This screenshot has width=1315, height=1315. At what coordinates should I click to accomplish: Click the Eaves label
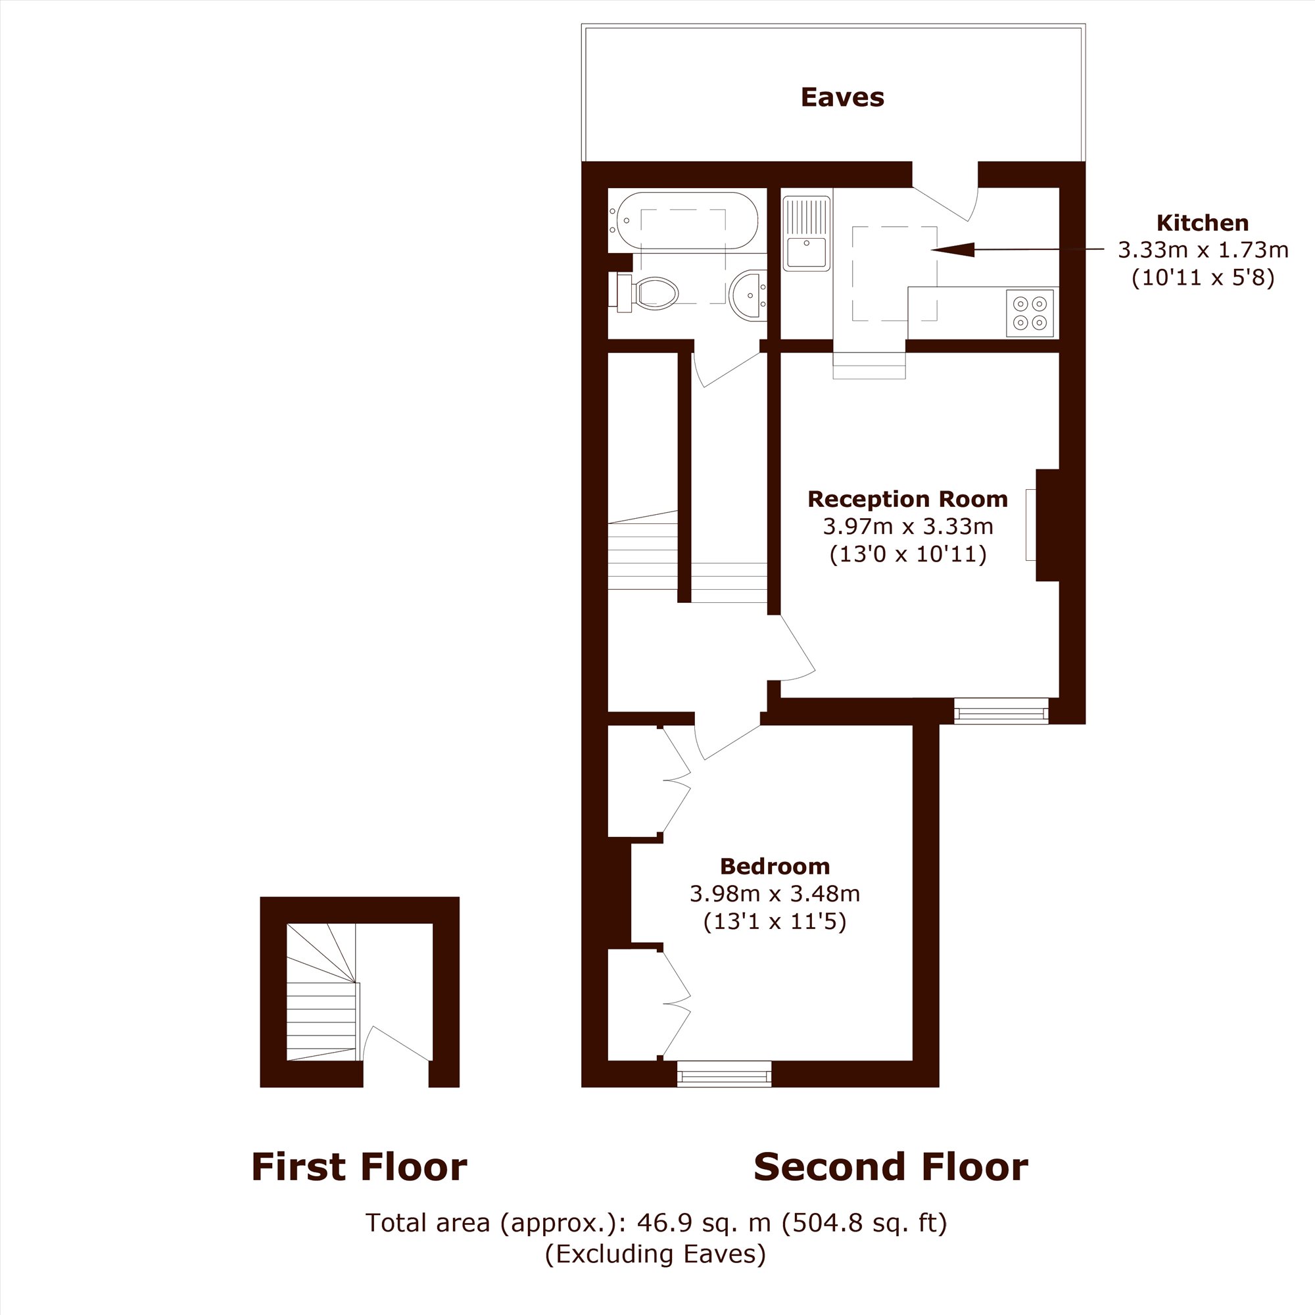tap(842, 97)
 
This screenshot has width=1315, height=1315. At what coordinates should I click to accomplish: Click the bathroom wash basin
tap(748, 295)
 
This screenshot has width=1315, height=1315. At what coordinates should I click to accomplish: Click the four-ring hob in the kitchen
tap(1030, 312)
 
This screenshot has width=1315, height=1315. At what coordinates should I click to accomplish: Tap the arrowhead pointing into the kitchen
tap(952, 250)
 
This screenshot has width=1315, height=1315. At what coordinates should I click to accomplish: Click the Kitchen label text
tap(1203, 223)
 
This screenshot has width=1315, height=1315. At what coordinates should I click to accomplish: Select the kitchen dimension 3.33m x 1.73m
tap(1203, 250)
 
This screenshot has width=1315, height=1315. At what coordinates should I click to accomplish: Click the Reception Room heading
tap(907, 499)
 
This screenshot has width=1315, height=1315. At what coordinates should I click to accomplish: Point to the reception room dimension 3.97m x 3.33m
tap(908, 526)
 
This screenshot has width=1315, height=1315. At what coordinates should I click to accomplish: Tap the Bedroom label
tap(775, 867)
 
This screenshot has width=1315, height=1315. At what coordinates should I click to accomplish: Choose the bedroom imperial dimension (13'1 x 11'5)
tap(775, 922)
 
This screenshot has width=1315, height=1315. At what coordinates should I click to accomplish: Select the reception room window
tap(1001, 711)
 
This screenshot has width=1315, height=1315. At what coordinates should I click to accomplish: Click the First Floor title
tap(359, 1166)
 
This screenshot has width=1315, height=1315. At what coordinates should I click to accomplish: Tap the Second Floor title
tap(890, 1166)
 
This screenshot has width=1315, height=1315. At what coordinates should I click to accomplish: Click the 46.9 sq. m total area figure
tap(704, 1223)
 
